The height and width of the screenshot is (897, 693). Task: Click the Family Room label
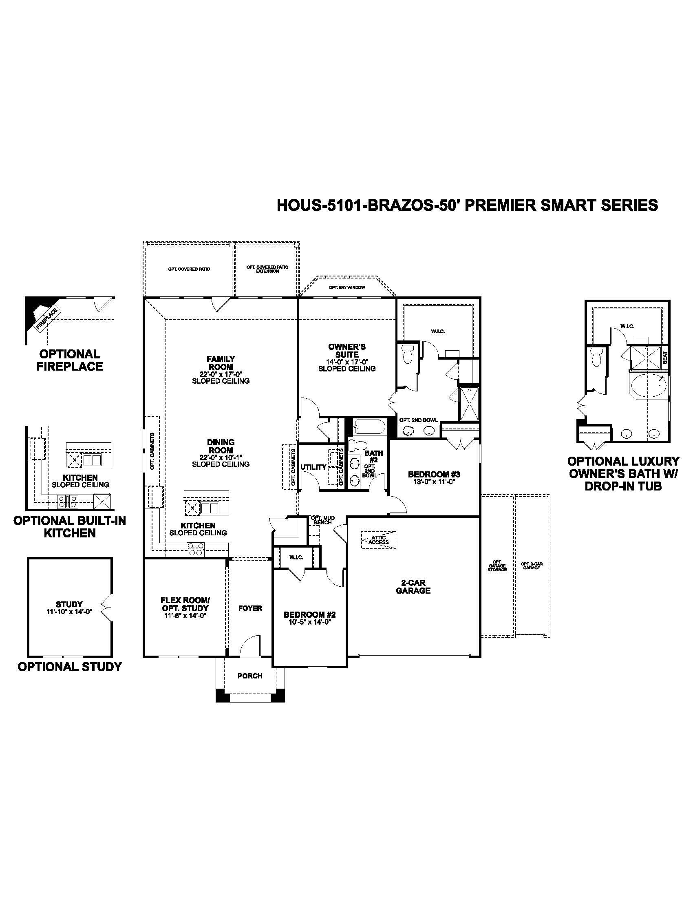pyautogui.click(x=221, y=362)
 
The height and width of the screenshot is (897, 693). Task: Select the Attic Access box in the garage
pyautogui.click(x=379, y=540)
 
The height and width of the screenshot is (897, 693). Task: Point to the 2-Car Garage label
pyautogui.click(x=413, y=587)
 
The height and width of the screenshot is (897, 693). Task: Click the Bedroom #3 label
pyautogui.click(x=434, y=474)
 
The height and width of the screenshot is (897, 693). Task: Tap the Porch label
pyautogui.click(x=249, y=676)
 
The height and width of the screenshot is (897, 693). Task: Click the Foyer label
pyautogui.click(x=249, y=608)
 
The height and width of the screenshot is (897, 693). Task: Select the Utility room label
pyautogui.click(x=313, y=467)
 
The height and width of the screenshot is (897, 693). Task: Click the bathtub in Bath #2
pyautogui.click(x=369, y=427)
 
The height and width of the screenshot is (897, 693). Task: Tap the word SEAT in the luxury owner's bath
pyautogui.click(x=665, y=357)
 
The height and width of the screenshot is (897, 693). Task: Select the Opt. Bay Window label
pyautogui.click(x=346, y=287)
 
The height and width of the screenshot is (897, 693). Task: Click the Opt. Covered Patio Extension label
pyautogui.click(x=267, y=269)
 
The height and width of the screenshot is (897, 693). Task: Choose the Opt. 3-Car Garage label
pyautogui.click(x=531, y=566)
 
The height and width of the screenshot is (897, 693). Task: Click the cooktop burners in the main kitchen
pyautogui.click(x=195, y=549)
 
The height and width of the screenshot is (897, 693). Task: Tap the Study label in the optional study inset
pyautogui.click(x=69, y=604)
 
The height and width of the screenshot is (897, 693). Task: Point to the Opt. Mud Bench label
pyautogui.click(x=323, y=520)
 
